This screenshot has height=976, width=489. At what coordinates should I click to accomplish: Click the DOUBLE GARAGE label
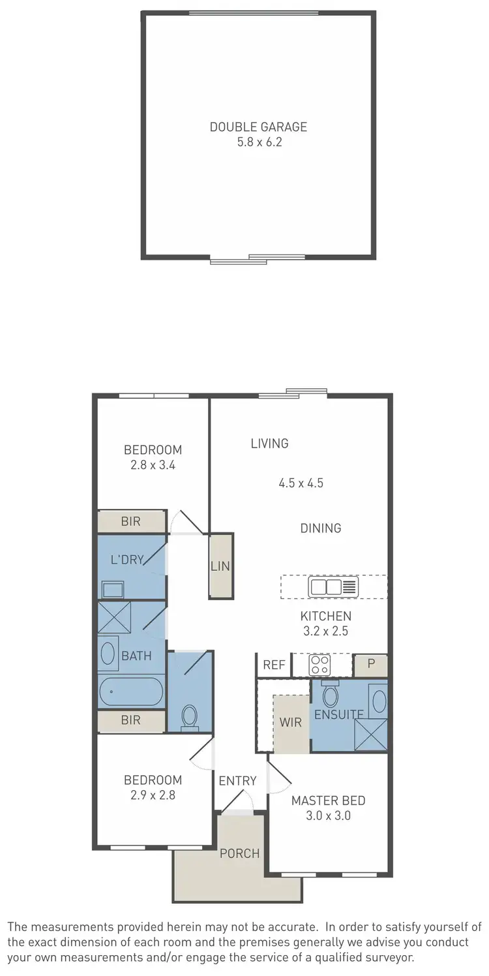click(258, 127)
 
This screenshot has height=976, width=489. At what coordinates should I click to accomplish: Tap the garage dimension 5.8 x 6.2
click(258, 142)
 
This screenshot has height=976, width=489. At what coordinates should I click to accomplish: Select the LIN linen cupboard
click(220, 566)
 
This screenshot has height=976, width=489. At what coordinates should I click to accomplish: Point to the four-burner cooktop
click(319, 665)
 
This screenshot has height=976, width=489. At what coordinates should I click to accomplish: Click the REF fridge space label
click(274, 665)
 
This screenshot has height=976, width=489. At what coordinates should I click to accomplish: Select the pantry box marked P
click(371, 665)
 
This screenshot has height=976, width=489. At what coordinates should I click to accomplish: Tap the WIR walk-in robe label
click(290, 723)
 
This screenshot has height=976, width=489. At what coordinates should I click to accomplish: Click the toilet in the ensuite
click(331, 696)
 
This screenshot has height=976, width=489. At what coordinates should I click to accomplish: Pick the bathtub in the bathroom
click(130, 692)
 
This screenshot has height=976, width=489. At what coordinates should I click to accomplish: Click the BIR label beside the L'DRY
click(130, 521)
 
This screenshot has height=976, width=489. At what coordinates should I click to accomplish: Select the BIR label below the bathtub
click(130, 720)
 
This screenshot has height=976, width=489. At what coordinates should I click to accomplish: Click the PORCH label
click(239, 853)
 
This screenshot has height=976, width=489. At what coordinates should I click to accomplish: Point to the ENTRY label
click(237, 781)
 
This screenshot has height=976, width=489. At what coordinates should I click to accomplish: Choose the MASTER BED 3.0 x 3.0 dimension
click(329, 815)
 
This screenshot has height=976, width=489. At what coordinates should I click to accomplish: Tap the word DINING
click(321, 528)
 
